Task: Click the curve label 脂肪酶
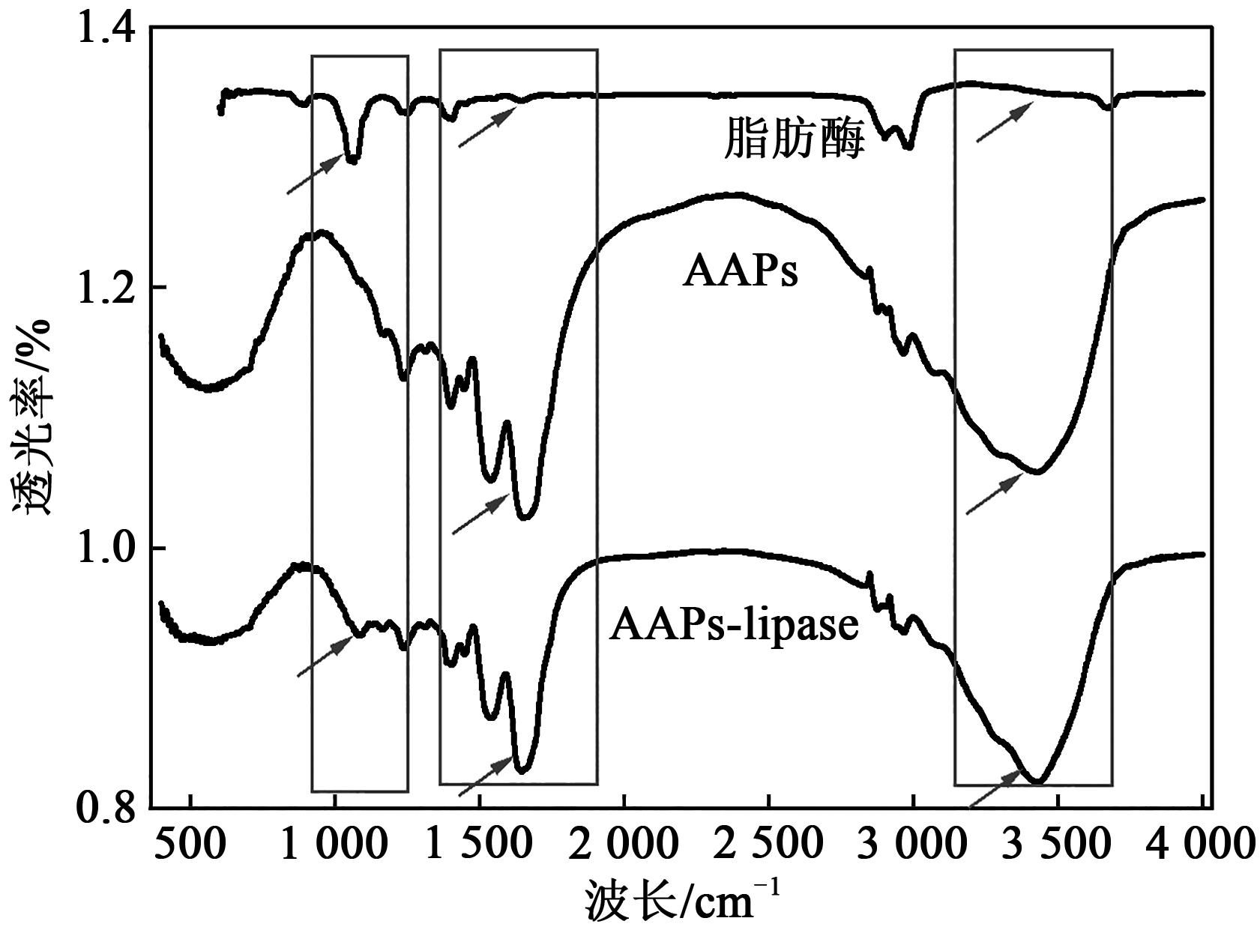pyautogui.click(x=794, y=141)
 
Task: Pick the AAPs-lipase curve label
pyautogui.click(x=733, y=625)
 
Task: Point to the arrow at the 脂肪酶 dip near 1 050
pyautogui.click(x=315, y=173)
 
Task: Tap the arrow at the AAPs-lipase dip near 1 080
pyautogui.click(x=325, y=656)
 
